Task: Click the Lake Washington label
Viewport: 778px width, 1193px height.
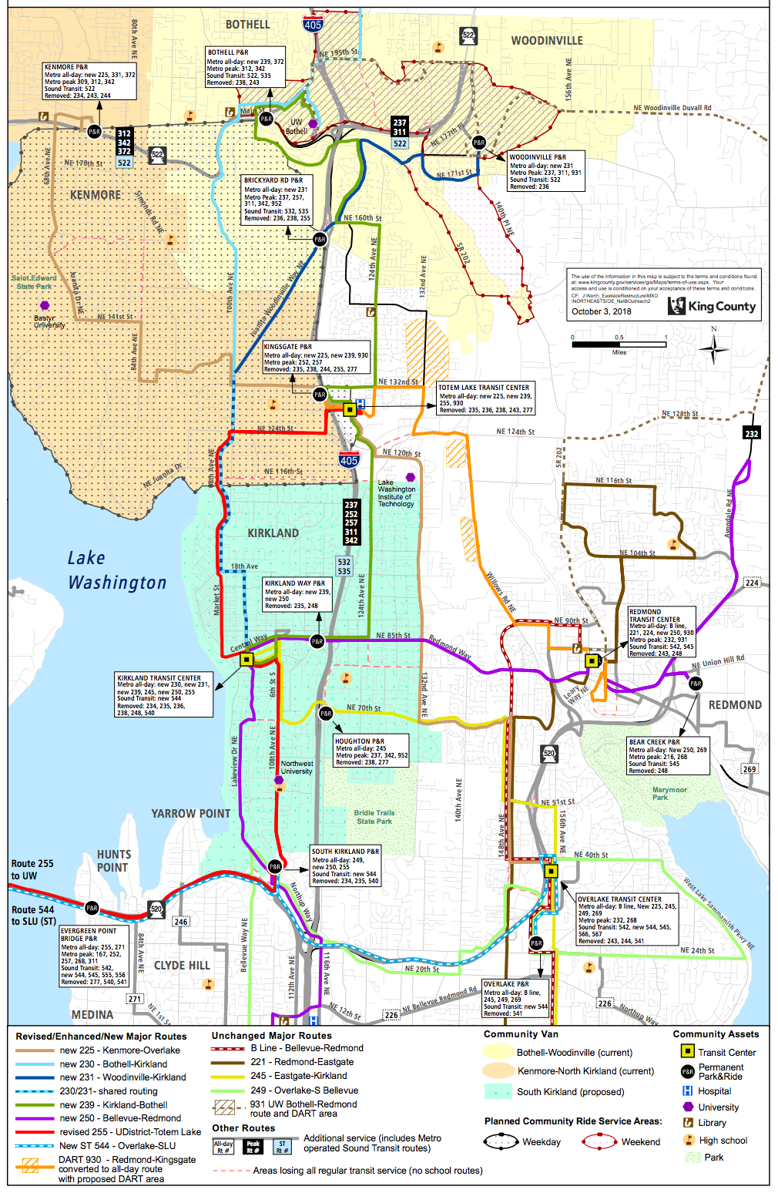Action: coord(117,570)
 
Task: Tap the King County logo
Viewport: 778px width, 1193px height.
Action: coord(712,306)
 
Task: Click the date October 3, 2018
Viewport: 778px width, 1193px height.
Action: coord(601,311)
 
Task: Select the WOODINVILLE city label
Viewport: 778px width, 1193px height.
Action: coord(547,40)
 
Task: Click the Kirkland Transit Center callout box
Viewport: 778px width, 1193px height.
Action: coord(163,695)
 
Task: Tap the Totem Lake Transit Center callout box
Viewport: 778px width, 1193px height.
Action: coord(485,398)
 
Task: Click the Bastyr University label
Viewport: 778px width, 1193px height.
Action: coord(49,321)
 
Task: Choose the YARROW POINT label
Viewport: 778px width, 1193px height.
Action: coord(190,813)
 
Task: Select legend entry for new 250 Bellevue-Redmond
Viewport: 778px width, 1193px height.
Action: coord(120,1117)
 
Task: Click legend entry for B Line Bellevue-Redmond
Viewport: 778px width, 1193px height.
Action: coord(307,1048)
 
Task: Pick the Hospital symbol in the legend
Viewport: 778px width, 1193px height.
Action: coord(688,1091)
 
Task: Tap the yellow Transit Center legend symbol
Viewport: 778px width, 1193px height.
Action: coord(688,1051)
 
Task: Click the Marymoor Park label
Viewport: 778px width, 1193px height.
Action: coord(669,793)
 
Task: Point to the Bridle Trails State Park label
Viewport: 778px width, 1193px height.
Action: coord(374,817)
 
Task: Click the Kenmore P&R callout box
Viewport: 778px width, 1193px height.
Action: coord(89,81)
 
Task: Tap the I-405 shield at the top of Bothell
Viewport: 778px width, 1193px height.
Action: coord(313,25)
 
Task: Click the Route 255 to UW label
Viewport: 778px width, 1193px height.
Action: coord(32,869)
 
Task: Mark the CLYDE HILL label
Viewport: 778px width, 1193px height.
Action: coord(182,965)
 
